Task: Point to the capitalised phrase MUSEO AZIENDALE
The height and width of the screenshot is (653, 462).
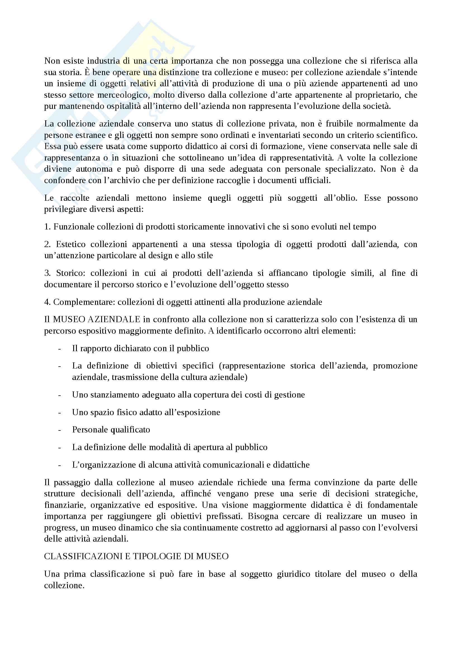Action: tap(96, 319)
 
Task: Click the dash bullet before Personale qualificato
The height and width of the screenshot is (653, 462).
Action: tap(60, 430)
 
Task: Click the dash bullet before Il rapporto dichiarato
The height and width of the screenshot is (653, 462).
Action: tap(60, 349)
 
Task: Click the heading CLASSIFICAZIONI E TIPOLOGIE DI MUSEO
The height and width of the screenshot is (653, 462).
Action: tap(136, 556)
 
